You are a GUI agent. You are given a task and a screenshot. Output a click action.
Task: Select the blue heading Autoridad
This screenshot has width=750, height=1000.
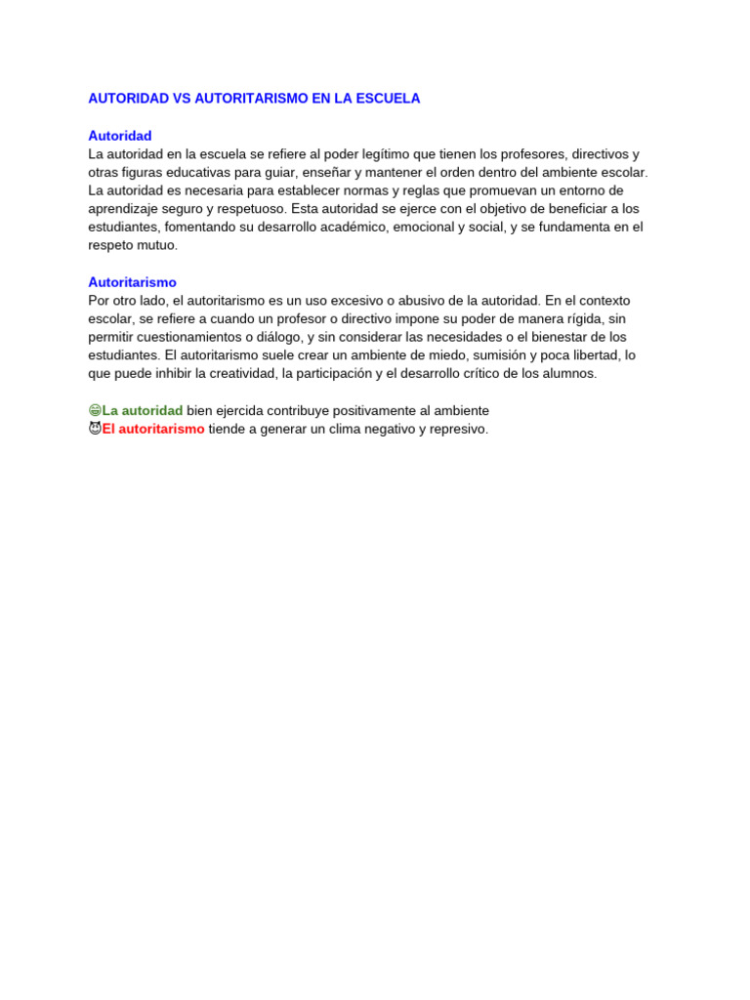tap(120, 136)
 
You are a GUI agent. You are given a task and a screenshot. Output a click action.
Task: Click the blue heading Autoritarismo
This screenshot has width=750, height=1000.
tap(133, 282)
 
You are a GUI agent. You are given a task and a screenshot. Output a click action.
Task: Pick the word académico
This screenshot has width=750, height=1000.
tap(349, 228)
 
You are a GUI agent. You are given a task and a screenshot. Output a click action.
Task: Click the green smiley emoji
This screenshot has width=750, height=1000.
tap(95, 411)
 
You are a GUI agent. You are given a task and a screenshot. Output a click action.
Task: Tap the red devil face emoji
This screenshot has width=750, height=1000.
tap(95, 429)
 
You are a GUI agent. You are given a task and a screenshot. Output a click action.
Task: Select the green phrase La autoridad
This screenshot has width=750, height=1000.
tap(143, 411)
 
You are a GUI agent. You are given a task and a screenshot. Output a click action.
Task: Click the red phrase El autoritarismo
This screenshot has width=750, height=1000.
tap(153, 429)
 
